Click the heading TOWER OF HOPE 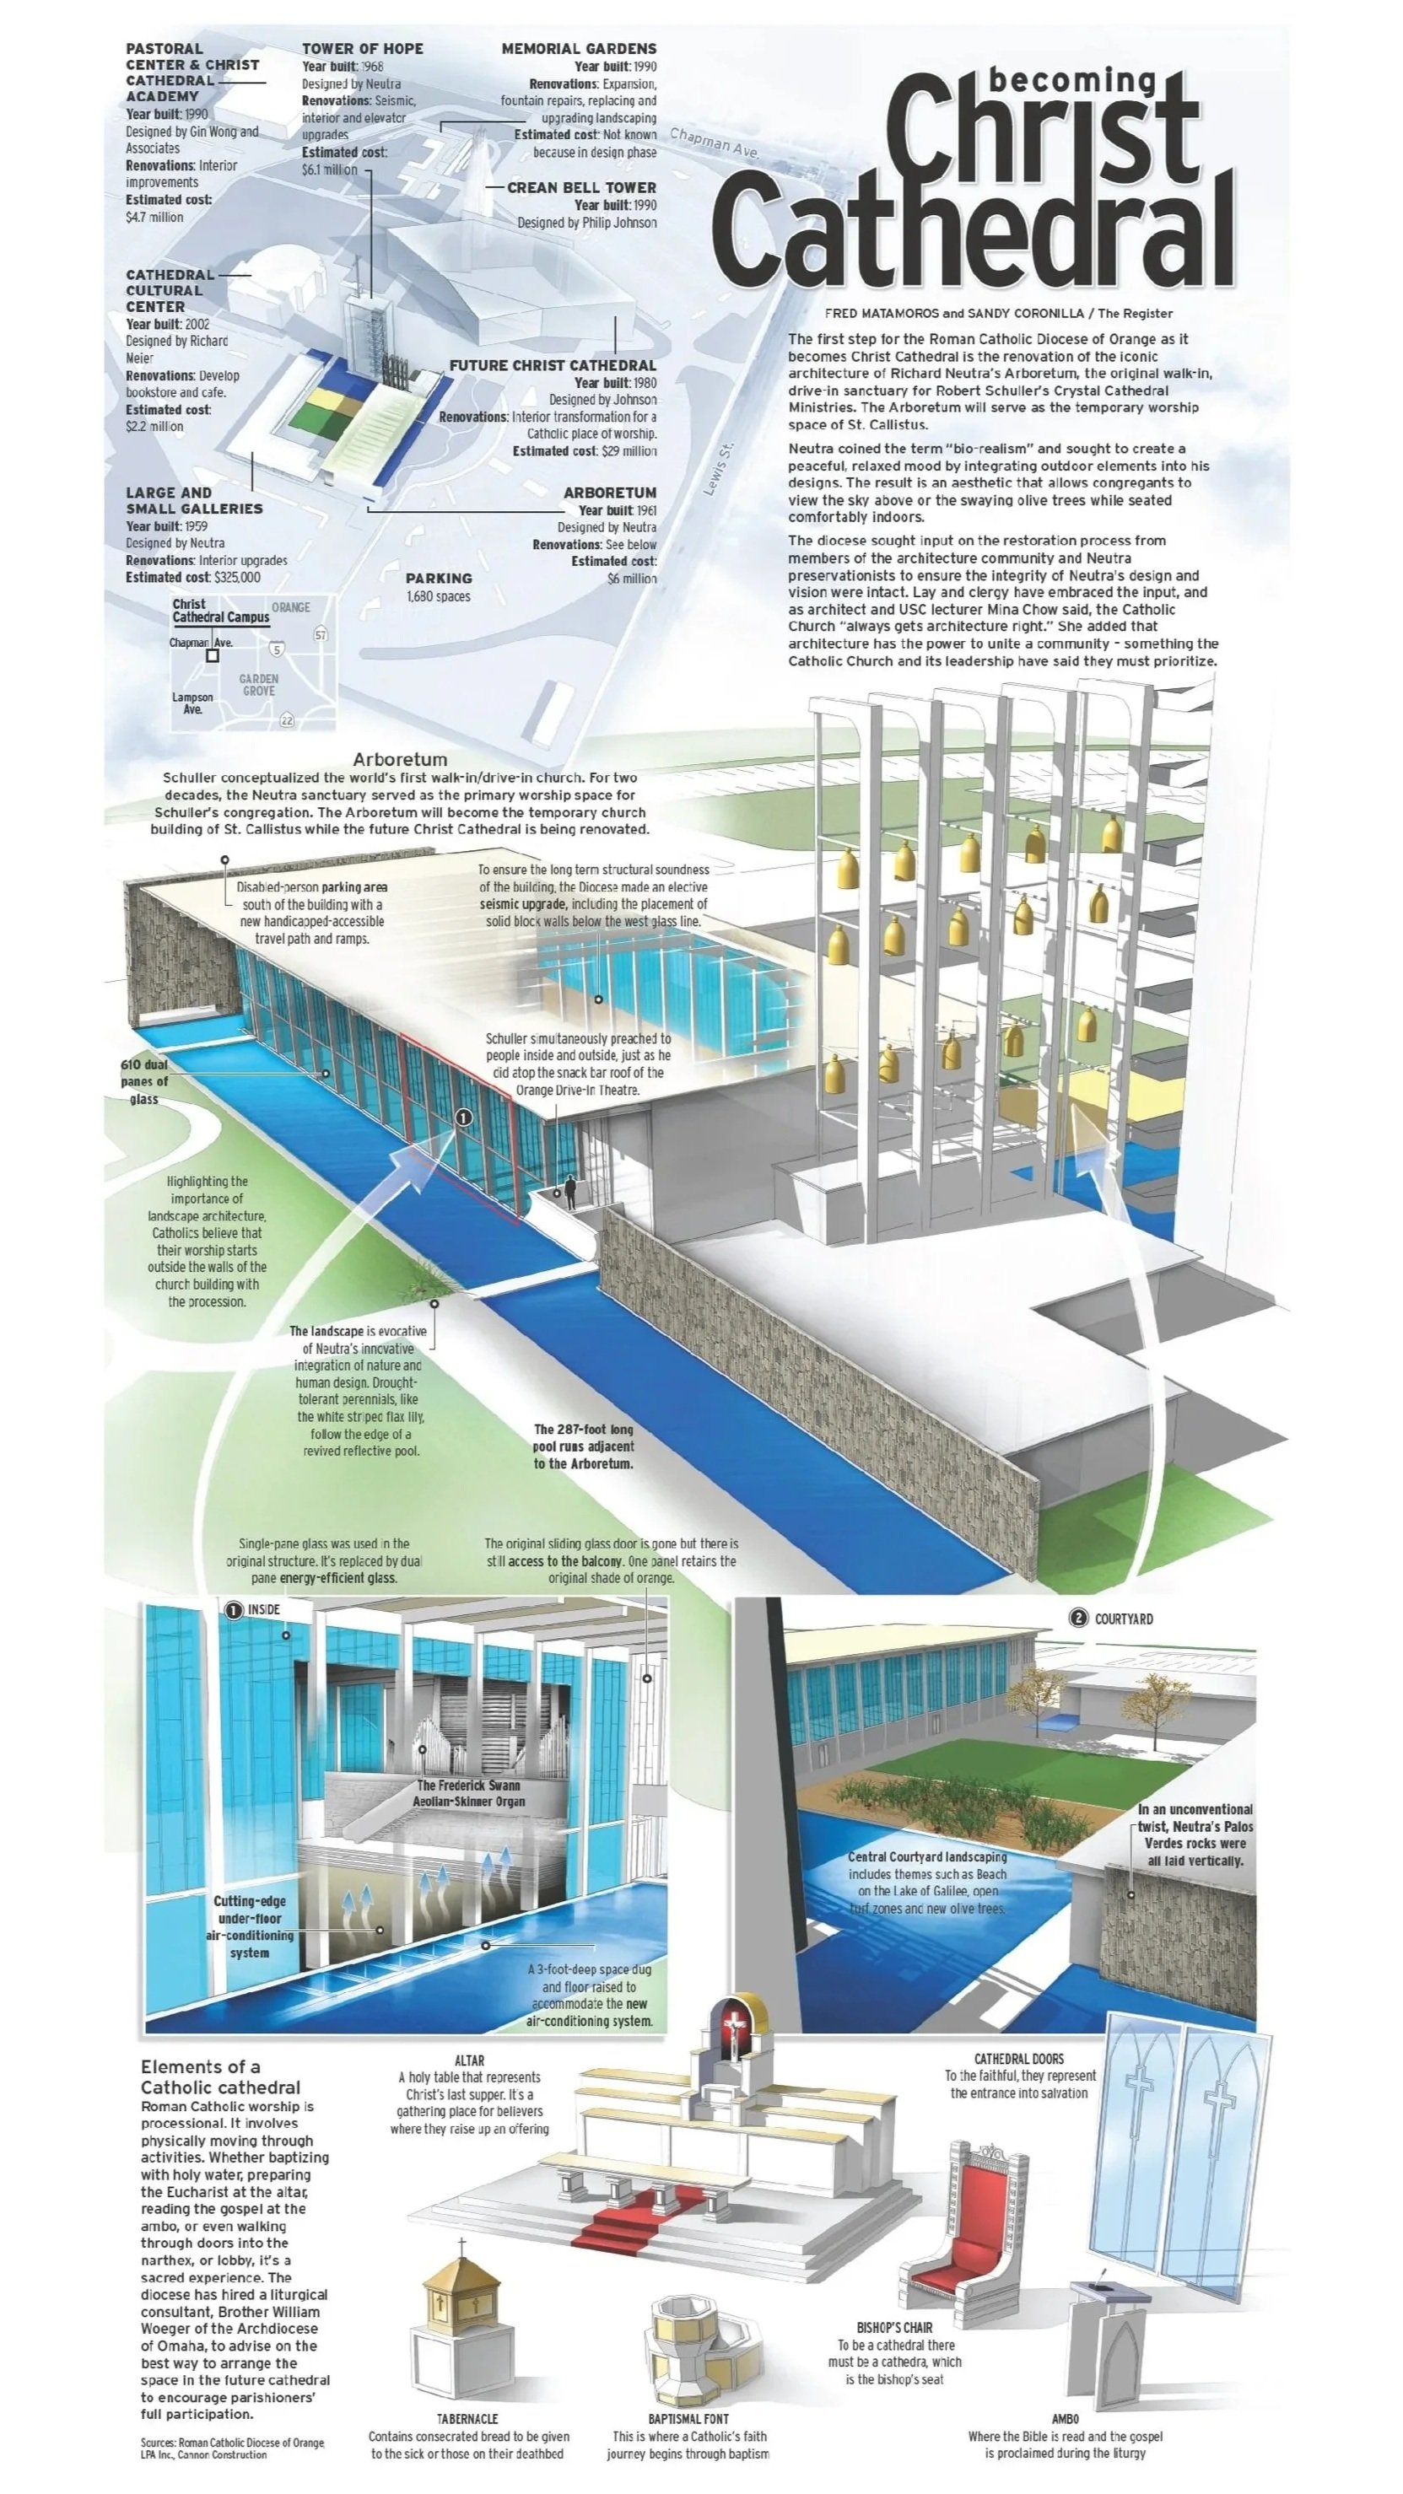coord(362,48)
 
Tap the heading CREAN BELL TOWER coord(581,187)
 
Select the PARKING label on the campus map coord(439,578)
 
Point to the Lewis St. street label coord(720,469)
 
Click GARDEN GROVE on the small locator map coord(258,685)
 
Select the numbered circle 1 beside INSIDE coord(234,1610)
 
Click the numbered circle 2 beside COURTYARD coord(1077,1618)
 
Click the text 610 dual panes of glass coord(144,1081)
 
